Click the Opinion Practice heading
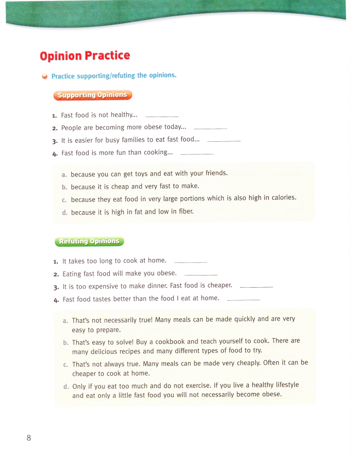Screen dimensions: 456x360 (x=85, y=56)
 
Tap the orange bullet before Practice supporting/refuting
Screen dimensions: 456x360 (x=45, y=77)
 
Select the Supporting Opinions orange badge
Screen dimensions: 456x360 (x=93, y=95)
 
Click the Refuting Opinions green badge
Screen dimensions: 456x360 (x=89, y=241)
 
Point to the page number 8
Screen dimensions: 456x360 (x=29, y=438)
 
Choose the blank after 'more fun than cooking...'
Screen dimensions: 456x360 (x=197, y=154)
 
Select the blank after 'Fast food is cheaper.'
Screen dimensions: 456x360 (x=256, y=287)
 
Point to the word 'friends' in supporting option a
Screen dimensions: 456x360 (x=216, y=173)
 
